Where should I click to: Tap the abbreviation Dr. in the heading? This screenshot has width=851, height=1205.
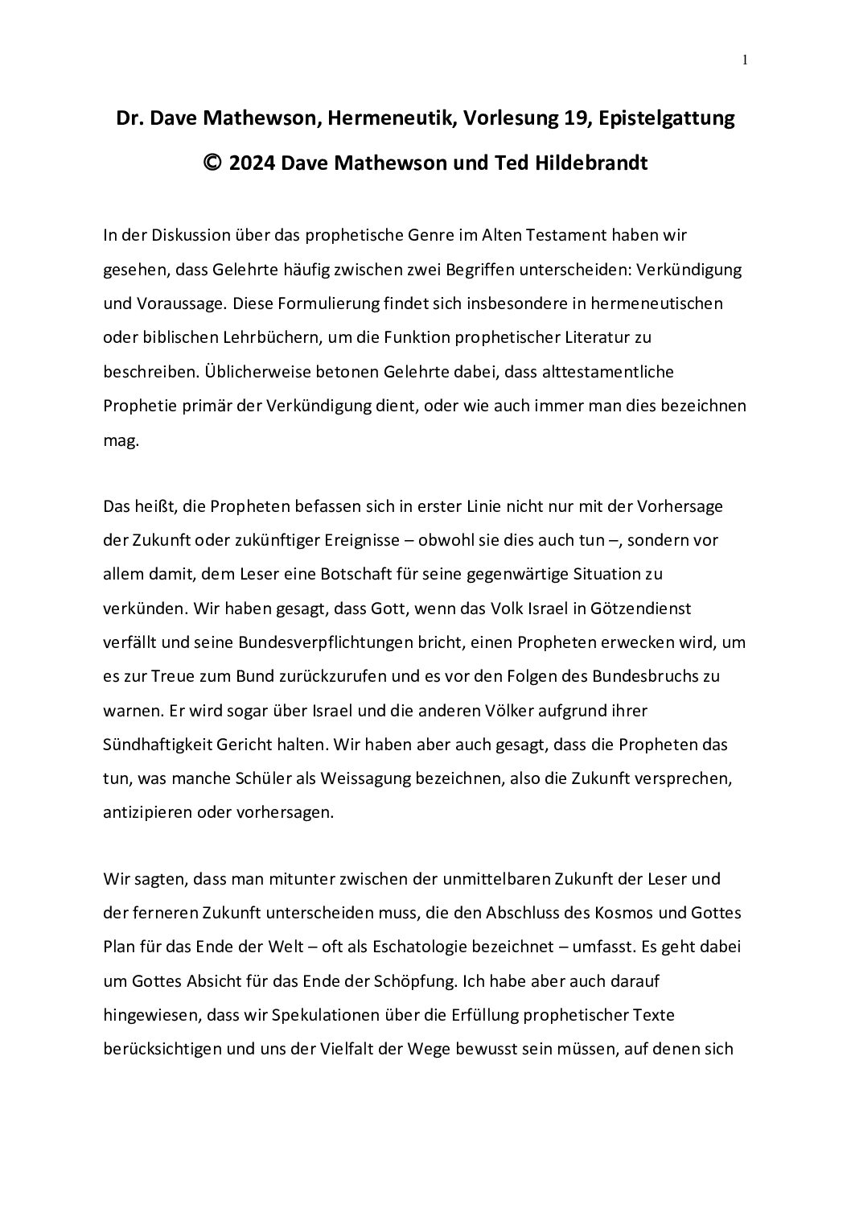click(x=129, y=119)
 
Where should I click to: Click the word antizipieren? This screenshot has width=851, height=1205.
click(x=151, y=812)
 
